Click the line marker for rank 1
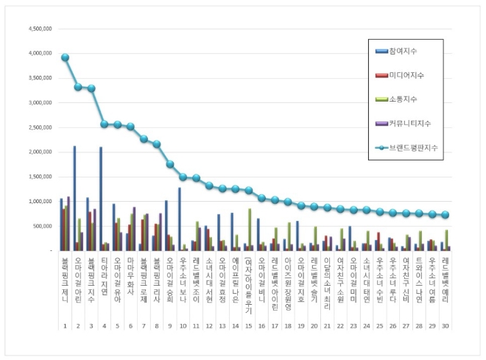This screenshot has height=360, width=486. tap(65, 57)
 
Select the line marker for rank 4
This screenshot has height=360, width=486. tap(105, 124)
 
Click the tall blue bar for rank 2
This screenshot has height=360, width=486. tap(74, 199)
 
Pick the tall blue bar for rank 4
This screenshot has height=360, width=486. tap(101, 199)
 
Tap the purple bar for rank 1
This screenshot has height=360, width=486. tap(68, 224)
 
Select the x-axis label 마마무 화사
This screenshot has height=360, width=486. tap(131, 276)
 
